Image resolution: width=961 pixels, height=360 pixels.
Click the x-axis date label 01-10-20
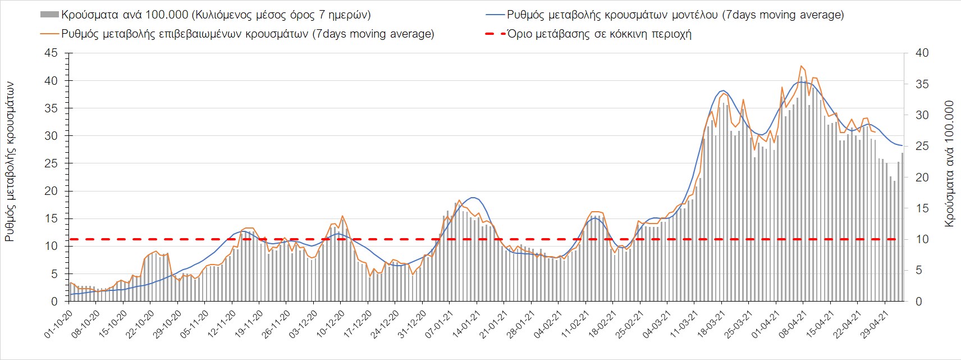(x=58, y=325)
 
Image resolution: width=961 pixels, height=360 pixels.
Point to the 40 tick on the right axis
(x=922, y=53)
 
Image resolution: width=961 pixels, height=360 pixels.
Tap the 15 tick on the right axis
(x=922, y=208)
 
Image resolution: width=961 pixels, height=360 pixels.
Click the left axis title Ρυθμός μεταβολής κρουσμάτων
(x=10, y=161)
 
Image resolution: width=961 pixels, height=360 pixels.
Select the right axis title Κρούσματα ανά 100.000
(x=949, y=164)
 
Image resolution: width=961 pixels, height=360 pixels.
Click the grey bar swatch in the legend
(x=49, y=15)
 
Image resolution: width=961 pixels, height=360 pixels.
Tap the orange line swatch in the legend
(x=49, y=34)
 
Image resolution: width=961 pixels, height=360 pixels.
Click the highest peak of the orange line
(x=801, y=66)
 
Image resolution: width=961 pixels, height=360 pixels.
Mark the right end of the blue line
(x=902, y=146)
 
